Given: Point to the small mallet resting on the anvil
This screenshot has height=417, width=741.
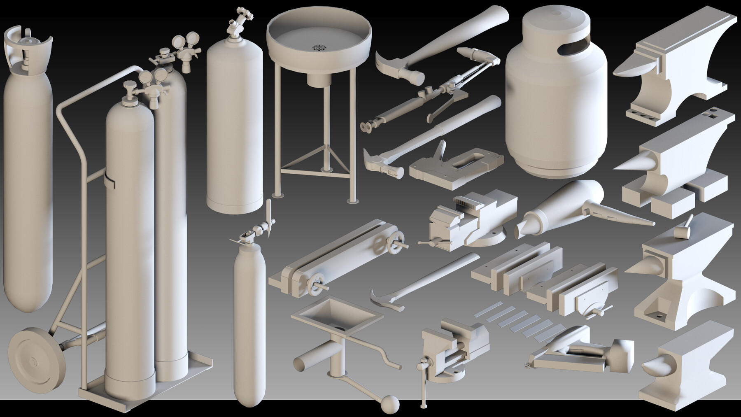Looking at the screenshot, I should point(684,230).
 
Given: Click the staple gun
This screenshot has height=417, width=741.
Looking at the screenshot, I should point(455,163).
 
